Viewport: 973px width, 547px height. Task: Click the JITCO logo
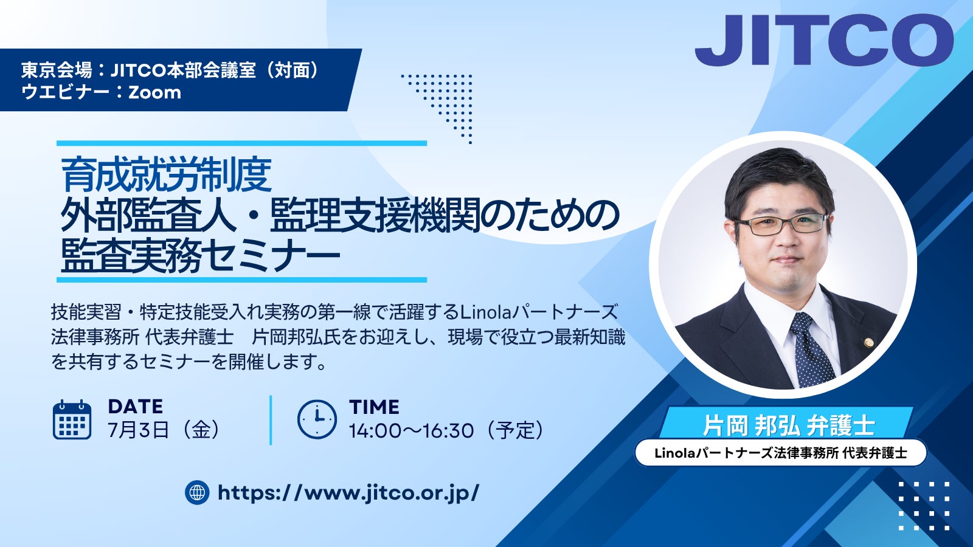[824, 40]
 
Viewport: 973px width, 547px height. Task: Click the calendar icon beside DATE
[72, 420]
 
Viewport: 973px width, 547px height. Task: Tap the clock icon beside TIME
[317, 419]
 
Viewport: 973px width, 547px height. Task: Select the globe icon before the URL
[197, 492]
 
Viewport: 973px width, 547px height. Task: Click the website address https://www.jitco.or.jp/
[348, 493]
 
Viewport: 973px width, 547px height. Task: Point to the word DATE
[136, 407]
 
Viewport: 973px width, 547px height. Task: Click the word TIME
[374, 407]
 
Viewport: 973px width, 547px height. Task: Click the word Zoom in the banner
[154, 92]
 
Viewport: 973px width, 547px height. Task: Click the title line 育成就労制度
[167, 175]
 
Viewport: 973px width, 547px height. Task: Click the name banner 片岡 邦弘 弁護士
[788, 425]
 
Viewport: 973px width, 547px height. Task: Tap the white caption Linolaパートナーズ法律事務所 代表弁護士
[781, 453]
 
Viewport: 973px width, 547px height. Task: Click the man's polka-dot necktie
[811, 350]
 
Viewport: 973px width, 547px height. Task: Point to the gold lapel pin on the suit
[868, 342]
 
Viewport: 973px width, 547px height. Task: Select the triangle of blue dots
[443, 104]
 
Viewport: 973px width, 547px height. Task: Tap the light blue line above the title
[241, 143]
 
